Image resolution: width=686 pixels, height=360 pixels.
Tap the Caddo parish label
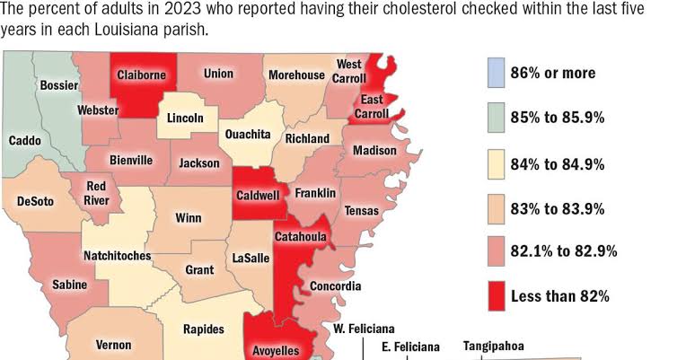tap(24, 141)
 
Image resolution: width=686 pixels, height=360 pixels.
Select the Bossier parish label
tap(59, 85)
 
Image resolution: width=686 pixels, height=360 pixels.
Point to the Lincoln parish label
tap(186, 118)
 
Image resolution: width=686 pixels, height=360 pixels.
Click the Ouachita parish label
tap(247, 135)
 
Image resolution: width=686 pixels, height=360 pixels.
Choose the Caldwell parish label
tap(259, 195)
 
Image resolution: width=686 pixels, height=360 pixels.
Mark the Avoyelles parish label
tap(278, 350)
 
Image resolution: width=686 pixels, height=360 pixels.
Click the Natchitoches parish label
tap(117, 256)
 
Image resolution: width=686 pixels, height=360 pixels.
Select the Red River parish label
tap(97, 193)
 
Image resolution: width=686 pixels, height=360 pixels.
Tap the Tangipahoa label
tap(493, 346)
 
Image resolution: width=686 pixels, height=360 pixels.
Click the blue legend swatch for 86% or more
tap(495, 73)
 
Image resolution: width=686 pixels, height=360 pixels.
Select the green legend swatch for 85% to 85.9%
tap(495, 118)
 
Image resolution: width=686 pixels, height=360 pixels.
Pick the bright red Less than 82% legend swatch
tap(495, 295)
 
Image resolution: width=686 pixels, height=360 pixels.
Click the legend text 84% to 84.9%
tap(557, 164)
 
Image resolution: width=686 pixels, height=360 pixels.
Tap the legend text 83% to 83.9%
tap(557, 208)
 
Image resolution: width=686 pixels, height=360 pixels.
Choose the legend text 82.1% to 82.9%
tap(564, 252)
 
